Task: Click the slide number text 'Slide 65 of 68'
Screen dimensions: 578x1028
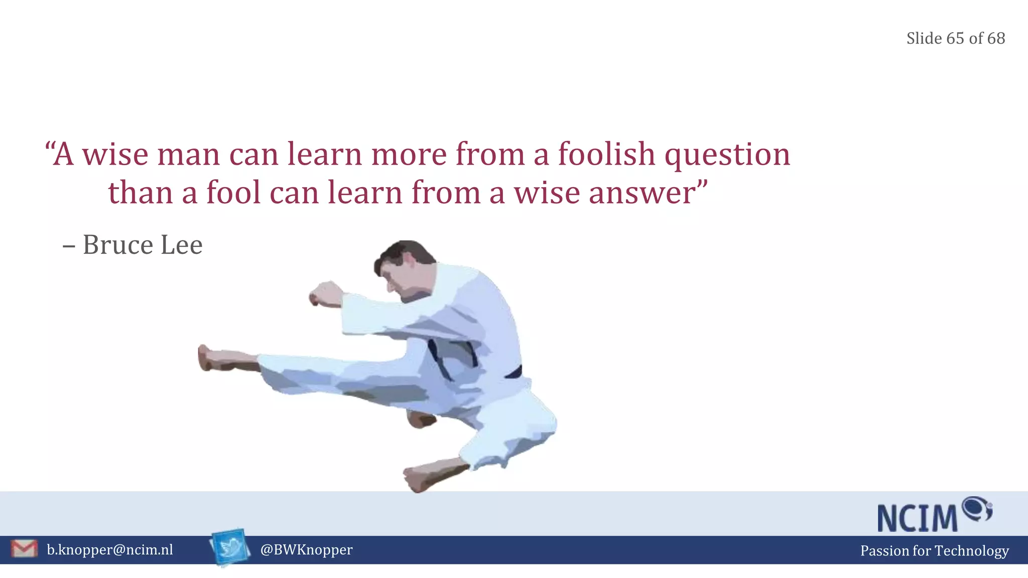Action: click(x=955, y=38)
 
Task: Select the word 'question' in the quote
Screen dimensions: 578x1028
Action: click(x=727, y=156)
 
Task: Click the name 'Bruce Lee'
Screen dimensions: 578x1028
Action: click(x=143, y=245)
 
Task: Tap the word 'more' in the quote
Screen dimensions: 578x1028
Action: click(x=409, y=155)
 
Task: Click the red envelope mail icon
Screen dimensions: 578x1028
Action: click(x=24, y=549)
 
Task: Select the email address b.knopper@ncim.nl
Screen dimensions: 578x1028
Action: click(x=110, y=550)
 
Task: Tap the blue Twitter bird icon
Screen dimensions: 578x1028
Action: click(x=230, y=547)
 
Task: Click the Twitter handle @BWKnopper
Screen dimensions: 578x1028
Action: click(x=306, y=550)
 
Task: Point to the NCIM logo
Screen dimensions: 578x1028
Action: click(x=934, y=515)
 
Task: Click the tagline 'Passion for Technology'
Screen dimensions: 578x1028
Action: click(x=934, y=550)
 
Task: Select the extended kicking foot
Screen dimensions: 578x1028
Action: click(x=221, y=358)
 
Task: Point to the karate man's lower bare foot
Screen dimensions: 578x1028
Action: click(x=427, y=476)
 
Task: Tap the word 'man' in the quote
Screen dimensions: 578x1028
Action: click(x=188, y=155)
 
